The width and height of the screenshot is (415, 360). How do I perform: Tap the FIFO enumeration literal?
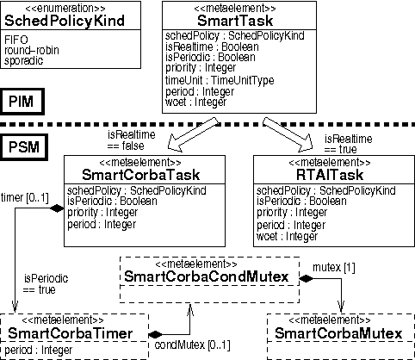[x=15, y=40]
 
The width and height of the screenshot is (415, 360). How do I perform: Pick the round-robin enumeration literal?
[x=31, y=51]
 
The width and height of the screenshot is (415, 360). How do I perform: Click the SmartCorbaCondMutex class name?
[x=208, y=276]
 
